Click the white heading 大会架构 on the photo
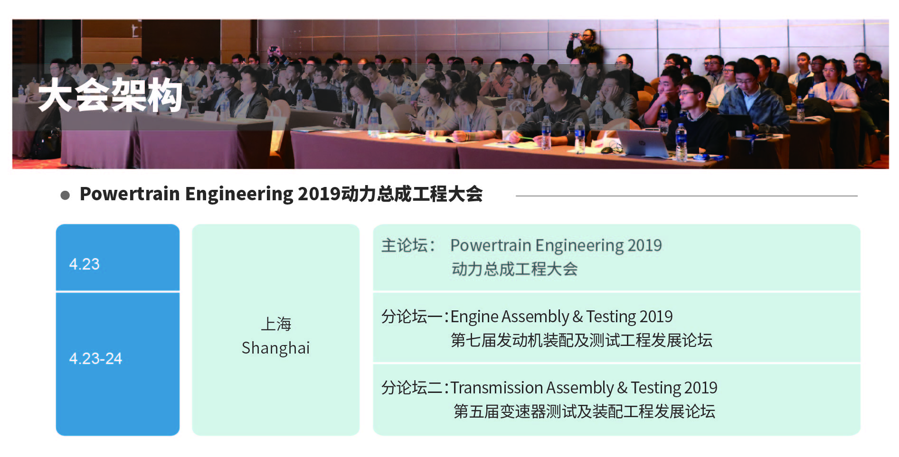tap(110, 95)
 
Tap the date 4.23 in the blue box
tap(85, 264)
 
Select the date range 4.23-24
tap(95, 358)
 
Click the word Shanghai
tap(275, 348)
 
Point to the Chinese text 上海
tap(276, 324)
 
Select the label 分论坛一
tap(412, 317)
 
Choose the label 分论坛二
tap(412, 388)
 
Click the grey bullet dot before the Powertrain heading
tap(65, 195)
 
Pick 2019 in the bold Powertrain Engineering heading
tap(319, 194)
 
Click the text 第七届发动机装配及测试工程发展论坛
tap(581, 340)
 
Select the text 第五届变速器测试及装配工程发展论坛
tap(584, 411)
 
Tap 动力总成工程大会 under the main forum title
tap(514, 269)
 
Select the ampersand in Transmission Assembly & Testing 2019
tap(622, 388)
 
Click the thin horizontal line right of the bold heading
tap(687, 196)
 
